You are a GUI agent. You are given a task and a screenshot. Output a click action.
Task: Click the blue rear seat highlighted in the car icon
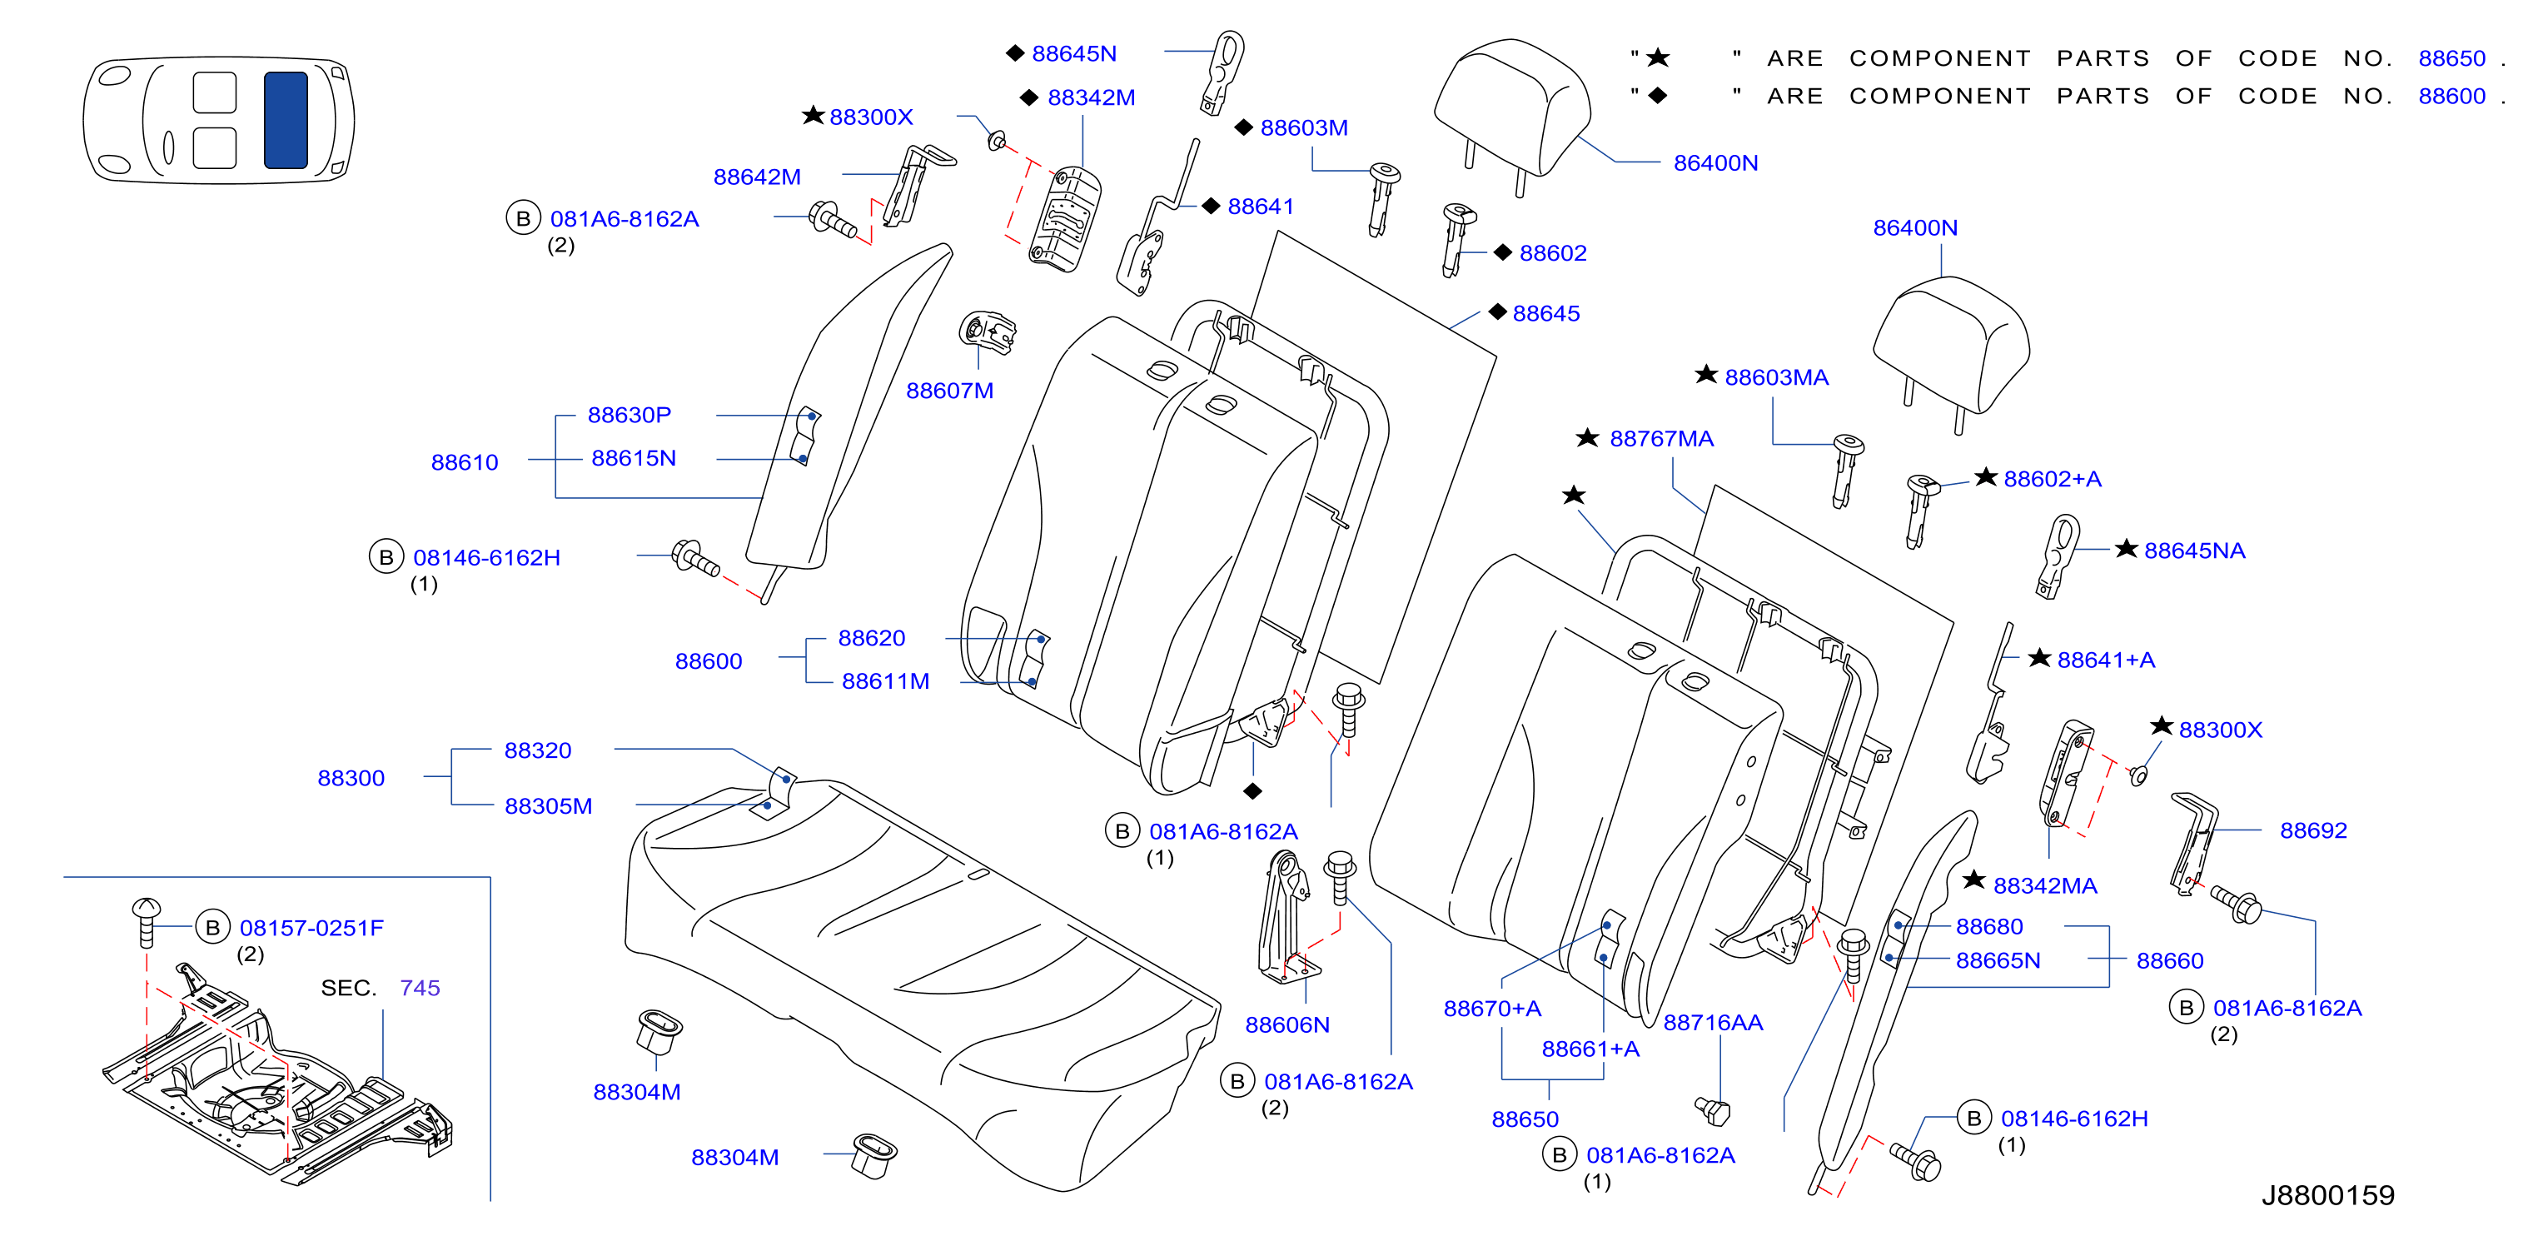point(286,119)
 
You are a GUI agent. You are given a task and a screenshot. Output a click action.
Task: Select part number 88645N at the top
point(1074,53)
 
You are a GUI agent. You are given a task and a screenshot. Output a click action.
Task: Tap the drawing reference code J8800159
point(2328,1195)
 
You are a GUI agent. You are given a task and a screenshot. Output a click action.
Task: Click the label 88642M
point(757,177)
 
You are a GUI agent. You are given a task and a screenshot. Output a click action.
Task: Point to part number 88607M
point(950,390)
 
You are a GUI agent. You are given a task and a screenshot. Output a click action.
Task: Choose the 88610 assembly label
point(465,462)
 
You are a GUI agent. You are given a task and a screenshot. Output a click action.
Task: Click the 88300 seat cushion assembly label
point(351,778)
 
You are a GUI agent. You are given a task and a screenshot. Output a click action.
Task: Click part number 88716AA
point(1713,1023)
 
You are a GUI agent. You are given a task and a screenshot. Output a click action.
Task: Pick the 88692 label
point(2313,830)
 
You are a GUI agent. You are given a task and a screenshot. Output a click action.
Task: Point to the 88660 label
point(2170,960)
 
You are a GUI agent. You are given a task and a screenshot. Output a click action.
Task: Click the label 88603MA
point(1776,377)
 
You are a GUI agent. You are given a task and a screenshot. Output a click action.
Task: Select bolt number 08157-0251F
point(312,928)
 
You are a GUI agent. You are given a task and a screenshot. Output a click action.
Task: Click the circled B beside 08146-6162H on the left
point(386,558)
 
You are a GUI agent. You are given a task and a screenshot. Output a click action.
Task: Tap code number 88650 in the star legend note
point(2451,58)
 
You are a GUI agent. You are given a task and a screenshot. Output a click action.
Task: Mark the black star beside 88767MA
point(1587,437)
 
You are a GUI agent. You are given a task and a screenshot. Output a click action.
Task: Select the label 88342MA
point(2044,885)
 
